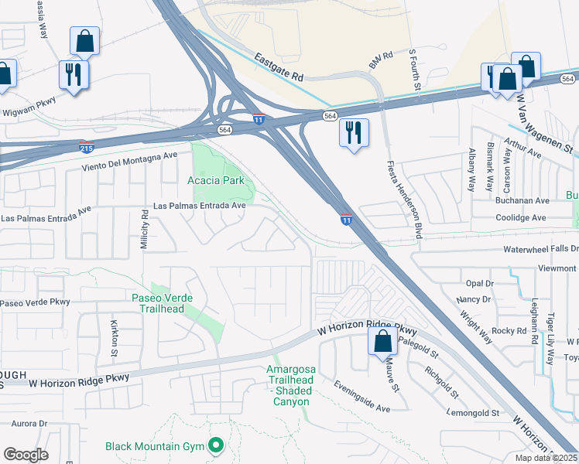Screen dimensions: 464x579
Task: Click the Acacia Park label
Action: click(216, 180)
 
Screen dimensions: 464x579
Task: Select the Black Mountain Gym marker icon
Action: click(217, 446)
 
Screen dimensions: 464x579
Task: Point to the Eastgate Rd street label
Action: click(280, 67)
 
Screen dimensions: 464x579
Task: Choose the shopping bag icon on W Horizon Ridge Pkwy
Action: click(382, 341)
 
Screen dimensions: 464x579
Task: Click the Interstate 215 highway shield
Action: click(87, 145)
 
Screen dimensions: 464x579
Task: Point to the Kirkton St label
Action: click(114, 332)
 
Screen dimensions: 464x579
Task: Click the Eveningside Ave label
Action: click(362, 396)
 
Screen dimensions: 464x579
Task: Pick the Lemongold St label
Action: click(474, 414)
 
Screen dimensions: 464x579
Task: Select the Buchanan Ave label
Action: click(522, 200)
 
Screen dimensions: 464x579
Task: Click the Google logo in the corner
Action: click(26, 455)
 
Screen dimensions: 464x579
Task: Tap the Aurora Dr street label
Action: click(29, 423)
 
